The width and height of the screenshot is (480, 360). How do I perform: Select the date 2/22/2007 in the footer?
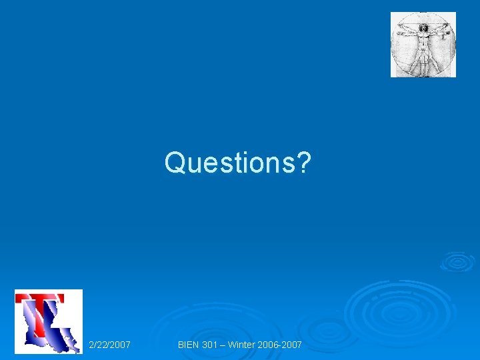(x=109, y=345)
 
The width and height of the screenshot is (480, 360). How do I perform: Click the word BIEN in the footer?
(x=189, y=345)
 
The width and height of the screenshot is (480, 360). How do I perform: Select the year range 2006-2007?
(x=283, y=345)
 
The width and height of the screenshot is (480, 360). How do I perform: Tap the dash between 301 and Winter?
(x=227, y=345)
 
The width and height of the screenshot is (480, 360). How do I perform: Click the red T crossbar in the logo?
(x=40, y=297)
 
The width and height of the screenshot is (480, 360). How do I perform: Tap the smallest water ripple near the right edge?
(x=457, y=261)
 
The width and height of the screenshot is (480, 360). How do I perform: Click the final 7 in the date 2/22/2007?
(x=127, y=345)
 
